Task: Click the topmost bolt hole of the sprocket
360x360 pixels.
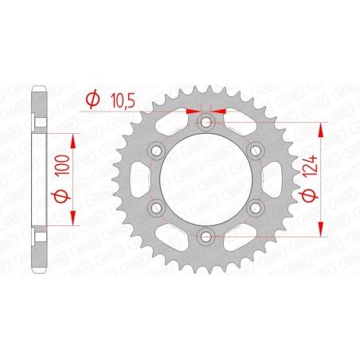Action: (205, 122)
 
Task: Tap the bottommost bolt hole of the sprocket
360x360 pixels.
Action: (205, 235)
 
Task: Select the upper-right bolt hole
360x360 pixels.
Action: (255, 151)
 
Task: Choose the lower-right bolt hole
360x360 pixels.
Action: (255, 207)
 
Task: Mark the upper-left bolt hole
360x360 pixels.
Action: (156, 151)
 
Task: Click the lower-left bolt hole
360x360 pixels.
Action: (156, 207)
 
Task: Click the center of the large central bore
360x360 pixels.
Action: (205, 178)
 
